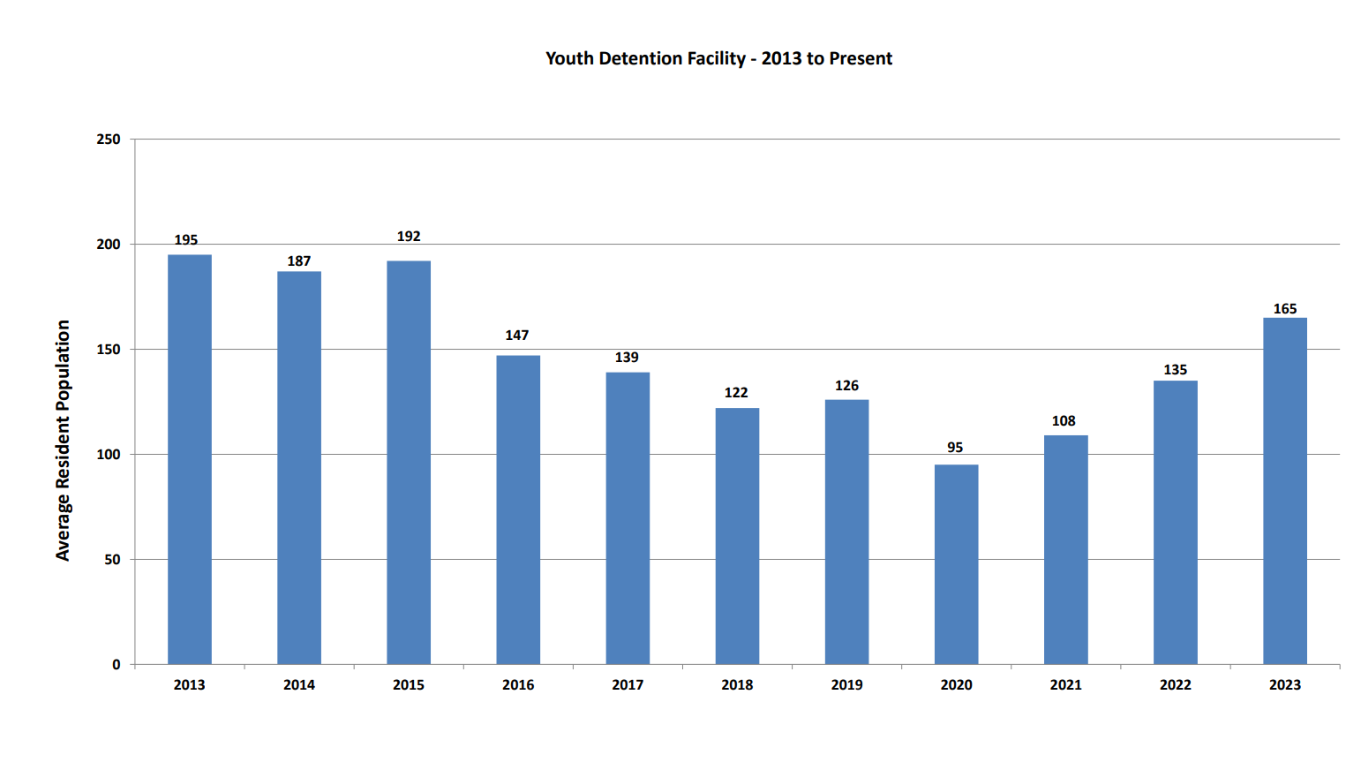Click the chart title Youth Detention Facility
pos(718,58)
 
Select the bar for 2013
pos(190,459)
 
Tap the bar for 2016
pos(518,510)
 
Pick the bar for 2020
pos(956,564)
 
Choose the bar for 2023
pos(1284,491)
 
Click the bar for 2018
pos(737,536)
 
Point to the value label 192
pos(409,237)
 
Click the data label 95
pos(955,448)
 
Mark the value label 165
pos(1284,309)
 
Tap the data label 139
pos(627,358)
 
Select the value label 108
pos(1064,421)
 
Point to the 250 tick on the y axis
pos(109,140)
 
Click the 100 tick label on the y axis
pos(109,455)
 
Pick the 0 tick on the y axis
pos(117,665)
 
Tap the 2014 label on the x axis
pos(299,685)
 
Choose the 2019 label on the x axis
pos(846,685)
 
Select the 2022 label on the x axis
pos(1175,685)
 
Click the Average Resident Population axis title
pos(63,440)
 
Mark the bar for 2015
pos(409,462)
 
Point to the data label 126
pos(846,386)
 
